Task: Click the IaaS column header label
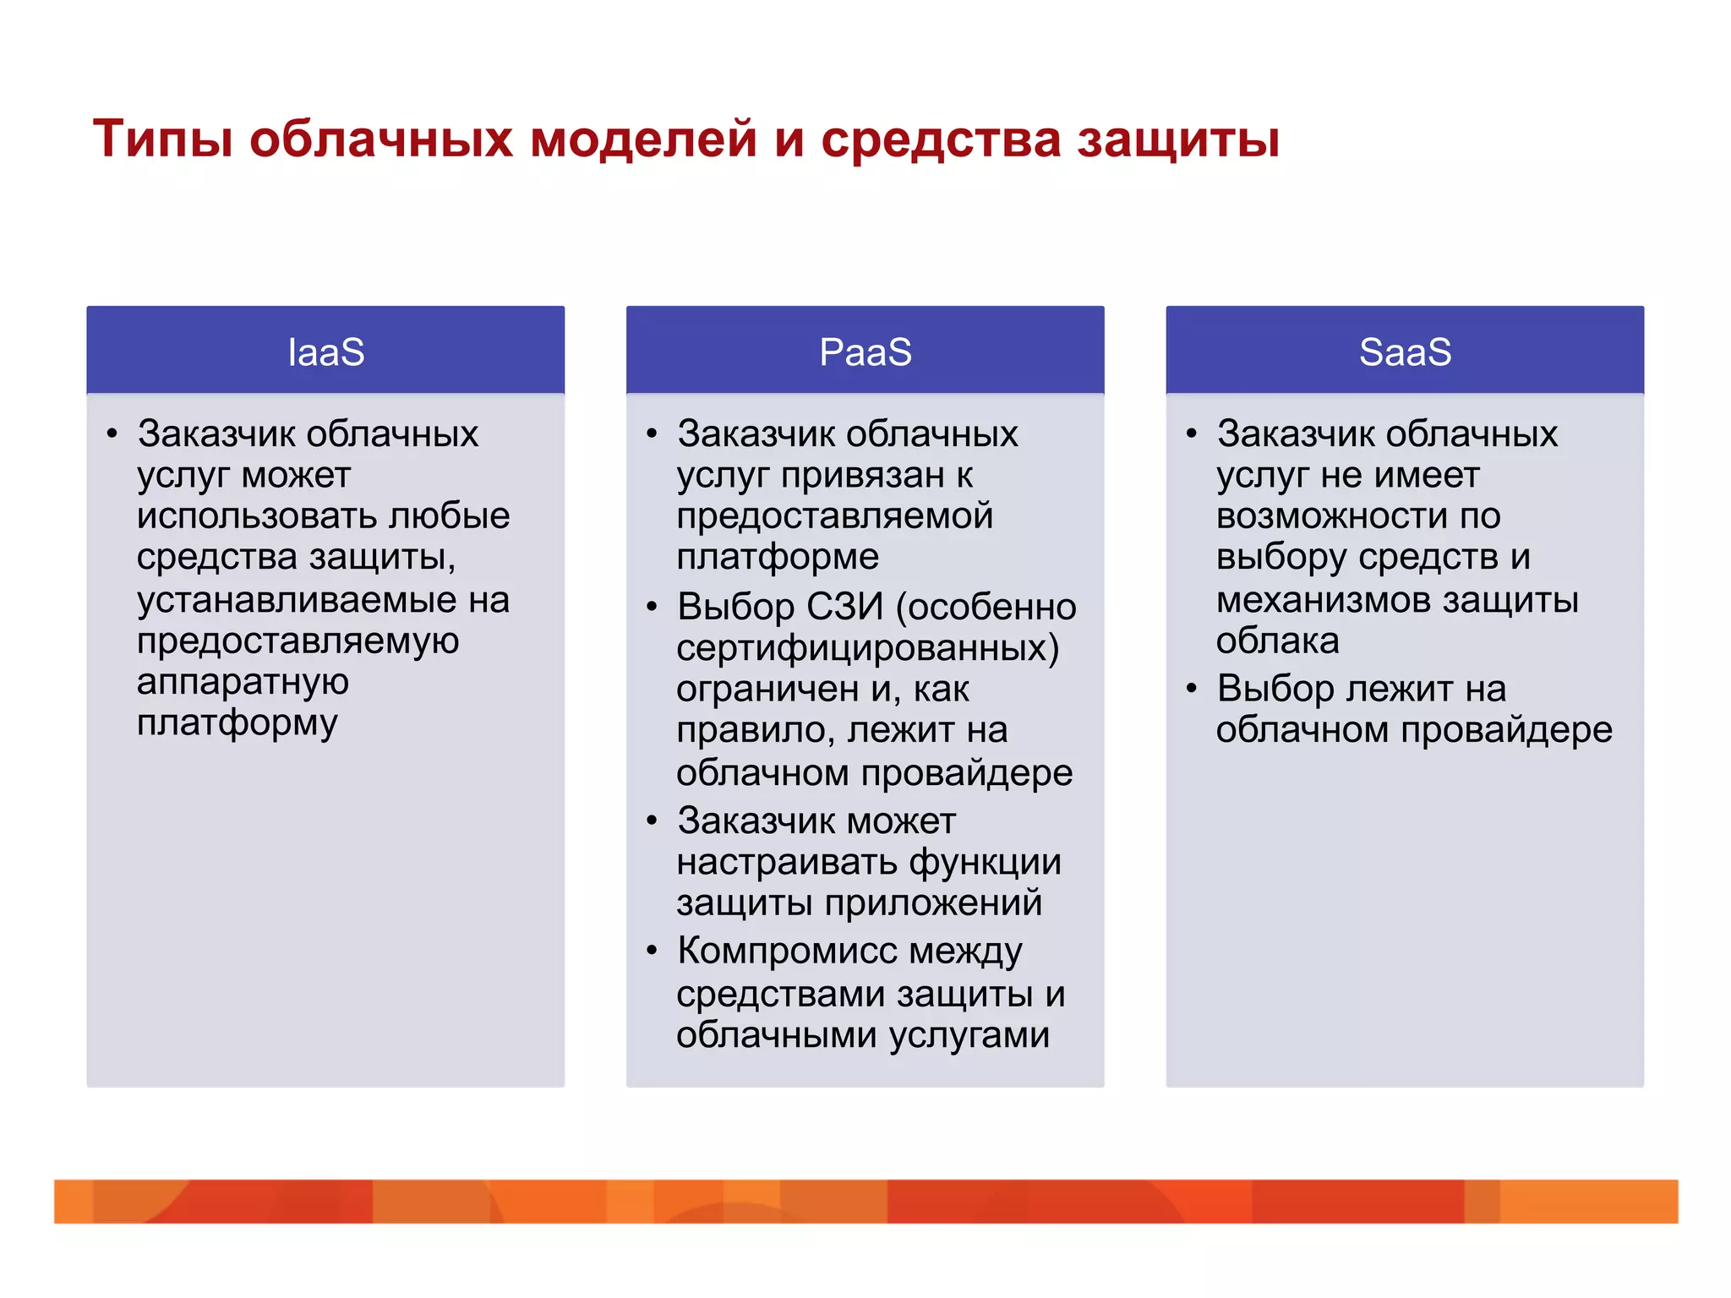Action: coord(325,352)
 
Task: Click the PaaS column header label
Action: coord(865,352)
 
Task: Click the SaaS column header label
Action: coord(1405,352)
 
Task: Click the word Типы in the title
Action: coord(162,139)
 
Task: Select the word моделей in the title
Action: coord(643,139)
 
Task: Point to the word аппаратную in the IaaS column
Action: coord(243,681)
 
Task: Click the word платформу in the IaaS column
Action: coord(238,723)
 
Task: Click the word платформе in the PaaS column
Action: coord(778,557)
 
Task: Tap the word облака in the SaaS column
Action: coord(1277,641)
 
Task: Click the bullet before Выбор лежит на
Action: coord(1192,688)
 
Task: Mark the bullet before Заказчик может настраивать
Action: coord(652,820)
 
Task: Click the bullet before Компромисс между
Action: coord(652,950)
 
